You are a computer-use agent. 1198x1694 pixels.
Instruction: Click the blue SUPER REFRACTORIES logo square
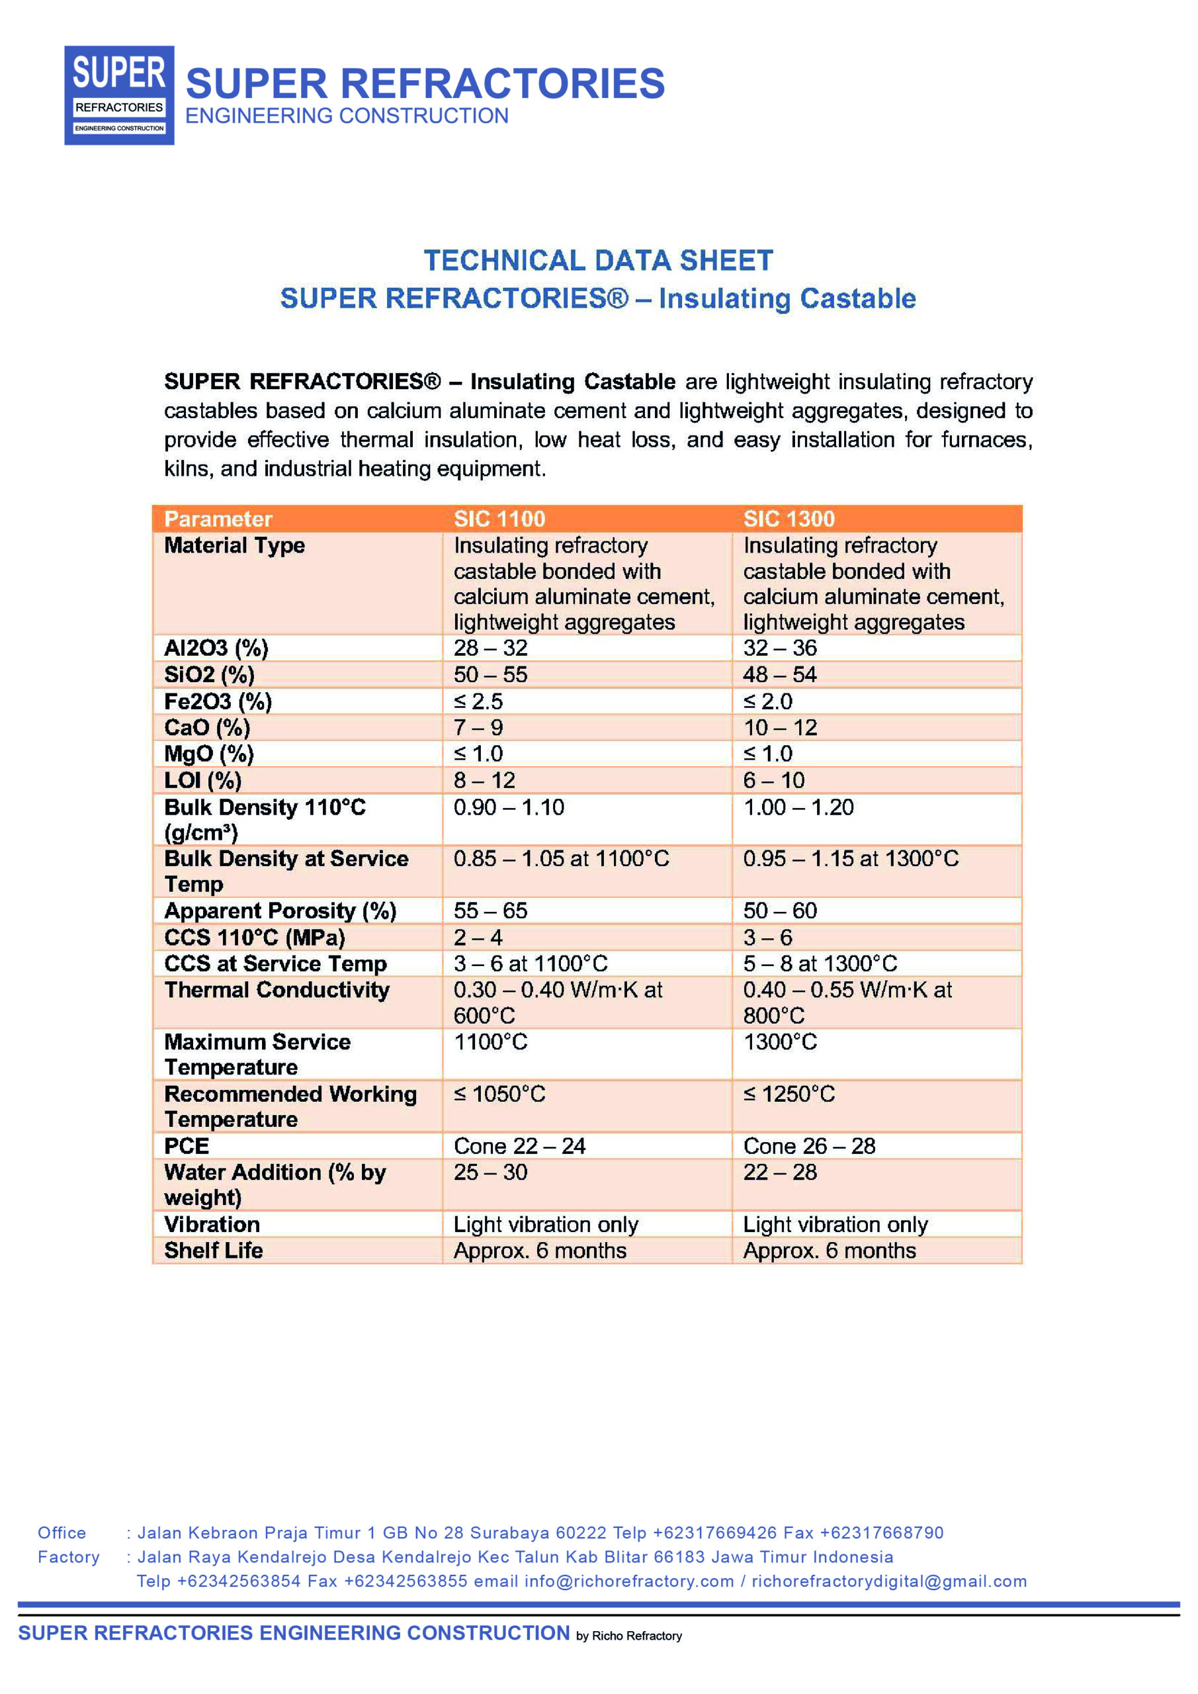coord(119,95)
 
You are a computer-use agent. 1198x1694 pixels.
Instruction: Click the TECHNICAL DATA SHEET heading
coord(598,261)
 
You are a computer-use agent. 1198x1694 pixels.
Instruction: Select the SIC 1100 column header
coord(499,519)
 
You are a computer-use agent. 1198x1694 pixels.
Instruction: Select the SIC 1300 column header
coord(789,519)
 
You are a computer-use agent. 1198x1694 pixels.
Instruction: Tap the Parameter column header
coord(218,519)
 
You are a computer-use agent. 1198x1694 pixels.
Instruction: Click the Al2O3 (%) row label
coord(216,648)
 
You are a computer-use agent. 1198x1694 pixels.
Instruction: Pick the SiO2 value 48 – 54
coord(780,674)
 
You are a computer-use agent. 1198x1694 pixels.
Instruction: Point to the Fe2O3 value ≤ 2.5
coord(478,701)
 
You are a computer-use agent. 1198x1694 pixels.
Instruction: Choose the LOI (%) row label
coord(203,780)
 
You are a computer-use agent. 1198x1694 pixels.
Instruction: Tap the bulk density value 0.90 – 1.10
coord(508,807)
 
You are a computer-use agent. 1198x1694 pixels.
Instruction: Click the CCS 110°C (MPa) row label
coord(255,937)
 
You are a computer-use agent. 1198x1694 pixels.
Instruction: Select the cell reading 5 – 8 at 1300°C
coord(820,963)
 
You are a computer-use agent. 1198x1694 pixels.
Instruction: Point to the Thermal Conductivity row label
coord(277,989)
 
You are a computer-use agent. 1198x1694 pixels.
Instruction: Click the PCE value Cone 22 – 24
coord(519,1146)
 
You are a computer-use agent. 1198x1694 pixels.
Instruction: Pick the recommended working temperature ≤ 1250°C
coord(789,1093)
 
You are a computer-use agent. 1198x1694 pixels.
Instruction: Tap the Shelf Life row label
coord(213,1250)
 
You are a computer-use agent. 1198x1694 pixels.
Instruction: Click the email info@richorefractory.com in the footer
coord(628,1581)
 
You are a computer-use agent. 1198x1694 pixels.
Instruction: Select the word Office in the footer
coord(62,1533)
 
